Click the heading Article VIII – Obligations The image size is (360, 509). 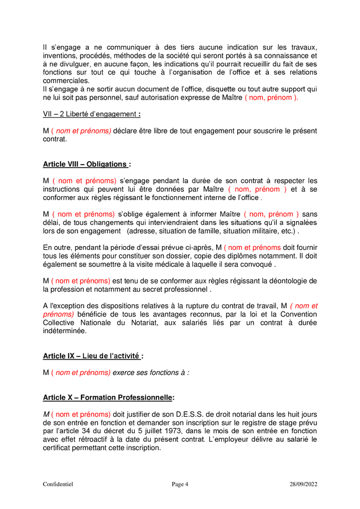[x=85, y=164]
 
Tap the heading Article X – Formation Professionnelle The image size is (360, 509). [x=108, y=398]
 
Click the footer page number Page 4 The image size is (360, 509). [x=180, y=484]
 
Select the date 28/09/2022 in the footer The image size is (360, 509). [x=303, y=484]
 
